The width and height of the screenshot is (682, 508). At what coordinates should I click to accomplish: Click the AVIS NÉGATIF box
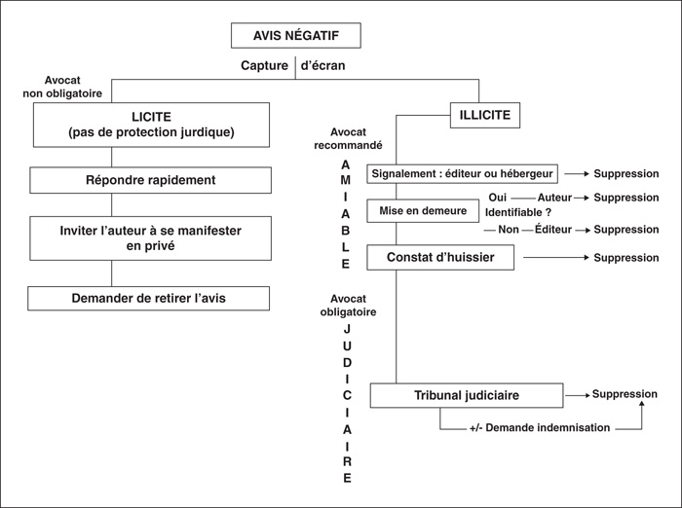(296, 35)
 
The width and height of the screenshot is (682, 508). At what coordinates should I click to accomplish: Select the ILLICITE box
(485, 115)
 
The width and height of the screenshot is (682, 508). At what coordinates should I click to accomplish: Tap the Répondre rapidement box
(150, 180)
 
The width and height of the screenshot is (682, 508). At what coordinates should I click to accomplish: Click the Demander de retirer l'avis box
(149, 298)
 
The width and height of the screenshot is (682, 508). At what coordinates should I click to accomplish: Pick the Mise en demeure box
(423, 211)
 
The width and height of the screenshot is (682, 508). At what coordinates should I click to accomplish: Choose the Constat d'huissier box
(440, 257)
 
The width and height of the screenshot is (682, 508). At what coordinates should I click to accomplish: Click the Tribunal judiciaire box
(467, 395)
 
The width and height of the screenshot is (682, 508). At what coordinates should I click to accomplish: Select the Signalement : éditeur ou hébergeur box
(463, 174)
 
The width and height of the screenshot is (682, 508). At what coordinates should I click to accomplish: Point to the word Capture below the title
(264, 65)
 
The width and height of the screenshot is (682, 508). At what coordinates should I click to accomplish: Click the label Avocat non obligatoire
(62, 87)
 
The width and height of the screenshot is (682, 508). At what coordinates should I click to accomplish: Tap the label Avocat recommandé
(348, 138)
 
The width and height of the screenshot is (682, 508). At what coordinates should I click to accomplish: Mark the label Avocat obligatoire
(348, 306)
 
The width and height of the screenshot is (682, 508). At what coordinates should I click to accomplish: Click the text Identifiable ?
(518, 212)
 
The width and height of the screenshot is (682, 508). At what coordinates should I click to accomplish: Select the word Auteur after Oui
(554, 198)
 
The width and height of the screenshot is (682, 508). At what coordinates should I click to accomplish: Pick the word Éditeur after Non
(553, 229)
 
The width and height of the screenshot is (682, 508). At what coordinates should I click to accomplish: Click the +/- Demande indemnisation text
(540, 427)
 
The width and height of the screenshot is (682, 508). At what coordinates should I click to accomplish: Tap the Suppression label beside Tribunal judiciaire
(625, 394)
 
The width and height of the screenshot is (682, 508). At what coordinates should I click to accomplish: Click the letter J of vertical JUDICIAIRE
(347, 329)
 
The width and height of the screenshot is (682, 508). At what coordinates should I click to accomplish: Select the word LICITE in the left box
(151, 117)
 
